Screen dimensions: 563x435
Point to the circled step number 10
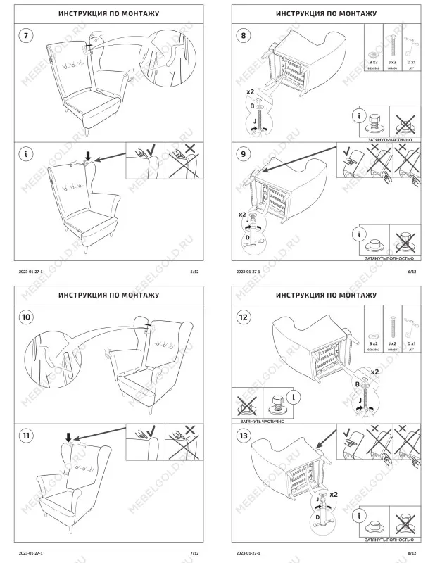26,317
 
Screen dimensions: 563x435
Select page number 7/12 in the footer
195,553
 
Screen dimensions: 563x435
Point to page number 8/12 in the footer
412,553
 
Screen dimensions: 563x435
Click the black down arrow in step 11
68,437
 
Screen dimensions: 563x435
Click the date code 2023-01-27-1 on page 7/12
31,553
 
